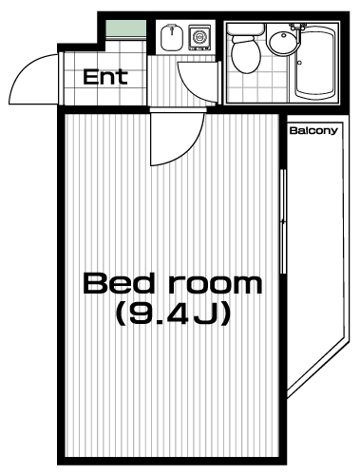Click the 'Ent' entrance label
(105, 77)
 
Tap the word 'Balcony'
(313, 130)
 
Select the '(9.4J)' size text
(173, 313)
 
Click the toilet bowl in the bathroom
(246, 54)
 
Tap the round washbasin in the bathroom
(283, 40)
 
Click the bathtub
(315, 64)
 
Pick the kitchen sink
(172, 37)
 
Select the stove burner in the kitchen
(199, 37)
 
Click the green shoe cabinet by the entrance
(125, 28)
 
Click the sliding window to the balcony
(283, 221)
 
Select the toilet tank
(245, 28)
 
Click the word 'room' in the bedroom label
(216, 285)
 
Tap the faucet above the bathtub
(297, 28)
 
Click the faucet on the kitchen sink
(172, 30)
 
